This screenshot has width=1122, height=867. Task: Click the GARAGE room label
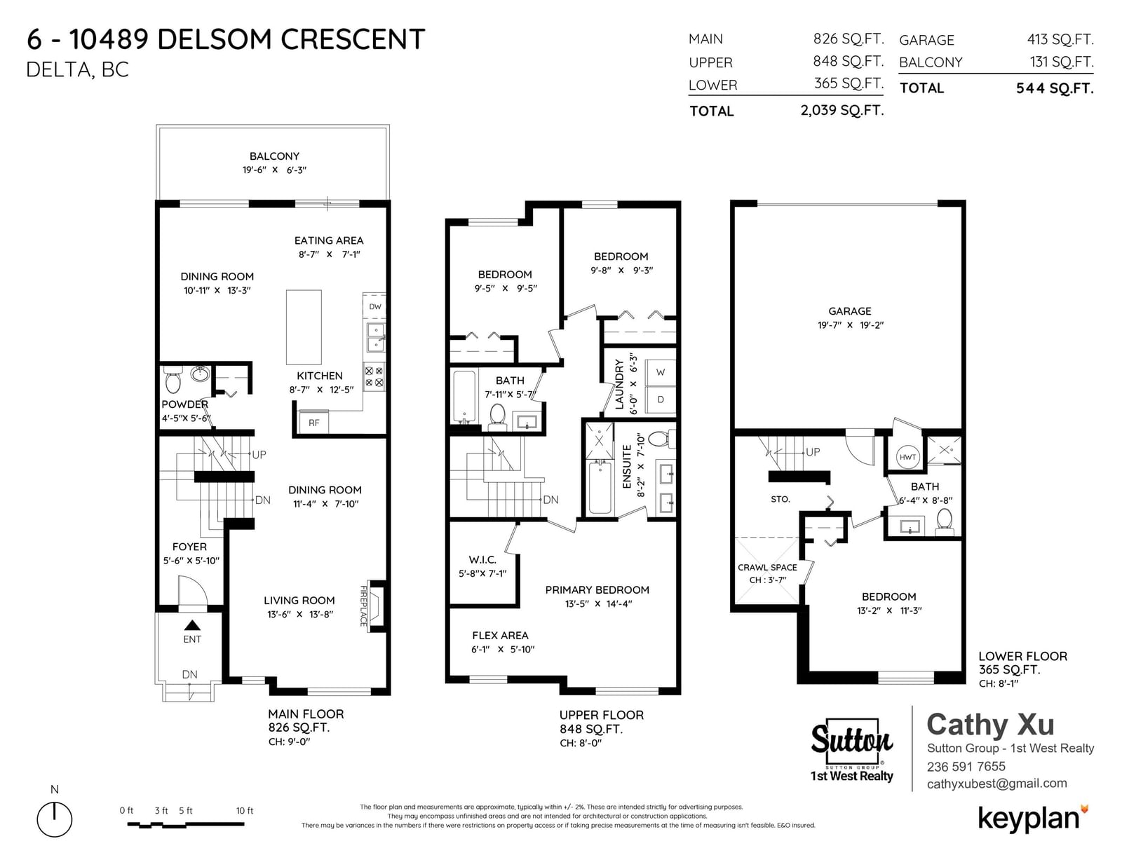click(849, 311)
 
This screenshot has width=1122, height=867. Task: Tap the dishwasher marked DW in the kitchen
click(374, 306)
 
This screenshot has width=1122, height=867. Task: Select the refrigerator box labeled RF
click(314, 422)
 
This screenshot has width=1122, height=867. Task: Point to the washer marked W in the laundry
click(661, 372)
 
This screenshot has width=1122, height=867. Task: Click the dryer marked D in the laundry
click(661, 400)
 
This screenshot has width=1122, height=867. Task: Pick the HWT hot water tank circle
click(907, 457)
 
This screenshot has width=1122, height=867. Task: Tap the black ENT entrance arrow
click(192, 625)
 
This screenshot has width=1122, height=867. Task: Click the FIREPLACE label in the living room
click(363, 606)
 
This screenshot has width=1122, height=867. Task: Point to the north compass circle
click(54, 819)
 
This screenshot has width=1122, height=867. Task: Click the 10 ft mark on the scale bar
click(245, 811)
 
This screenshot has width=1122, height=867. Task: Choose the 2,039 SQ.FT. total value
click(842, 110)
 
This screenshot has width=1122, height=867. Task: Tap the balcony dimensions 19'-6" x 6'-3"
click(274, 170)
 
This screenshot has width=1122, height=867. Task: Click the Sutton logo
click(851, 750)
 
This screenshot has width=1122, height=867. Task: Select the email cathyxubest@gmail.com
click(996, 784)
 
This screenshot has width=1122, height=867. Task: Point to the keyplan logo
click(1034, 819)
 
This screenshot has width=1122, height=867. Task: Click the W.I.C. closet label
click(482, 559)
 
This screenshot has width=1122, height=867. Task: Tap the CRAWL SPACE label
click(767, 567)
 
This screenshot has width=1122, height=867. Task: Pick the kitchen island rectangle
click(304, 327)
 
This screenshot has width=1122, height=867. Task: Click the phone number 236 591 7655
click(966, 766)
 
